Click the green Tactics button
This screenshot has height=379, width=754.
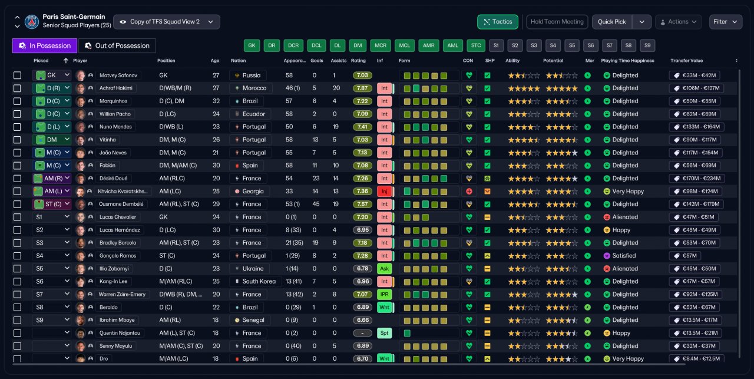click(x=498, y=22)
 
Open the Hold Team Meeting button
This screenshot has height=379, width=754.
click(x=557, y=22)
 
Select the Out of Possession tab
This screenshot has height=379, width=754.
click(x=117, y=46)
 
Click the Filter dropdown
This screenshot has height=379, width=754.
click(x=725, y=22)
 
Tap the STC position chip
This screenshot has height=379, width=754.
click(x=476, y=45)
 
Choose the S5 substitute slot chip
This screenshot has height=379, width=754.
click(x=571, y=45)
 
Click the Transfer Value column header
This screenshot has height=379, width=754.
click(x=686, y=61)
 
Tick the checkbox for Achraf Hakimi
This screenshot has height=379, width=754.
click(x=17, y=88)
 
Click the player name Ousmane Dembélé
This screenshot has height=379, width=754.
click(x=121, y=204)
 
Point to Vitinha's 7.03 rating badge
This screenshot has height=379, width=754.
click(x=362, y=140)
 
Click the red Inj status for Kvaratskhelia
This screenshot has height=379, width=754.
click(x=384, y=192)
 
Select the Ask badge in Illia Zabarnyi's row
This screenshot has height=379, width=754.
click(x=384, y=269)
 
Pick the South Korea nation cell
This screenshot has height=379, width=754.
click(x=259, y=282)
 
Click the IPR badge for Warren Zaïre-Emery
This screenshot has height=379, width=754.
click(x=384, y=295)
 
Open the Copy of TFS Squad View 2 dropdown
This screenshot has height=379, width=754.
click(x=167, y=22)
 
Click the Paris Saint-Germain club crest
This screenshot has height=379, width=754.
click(x=32, y=22)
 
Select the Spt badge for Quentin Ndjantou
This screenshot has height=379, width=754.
click(x=384, y=333)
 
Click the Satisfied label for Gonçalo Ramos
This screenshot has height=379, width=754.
click(x=624, y=256)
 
